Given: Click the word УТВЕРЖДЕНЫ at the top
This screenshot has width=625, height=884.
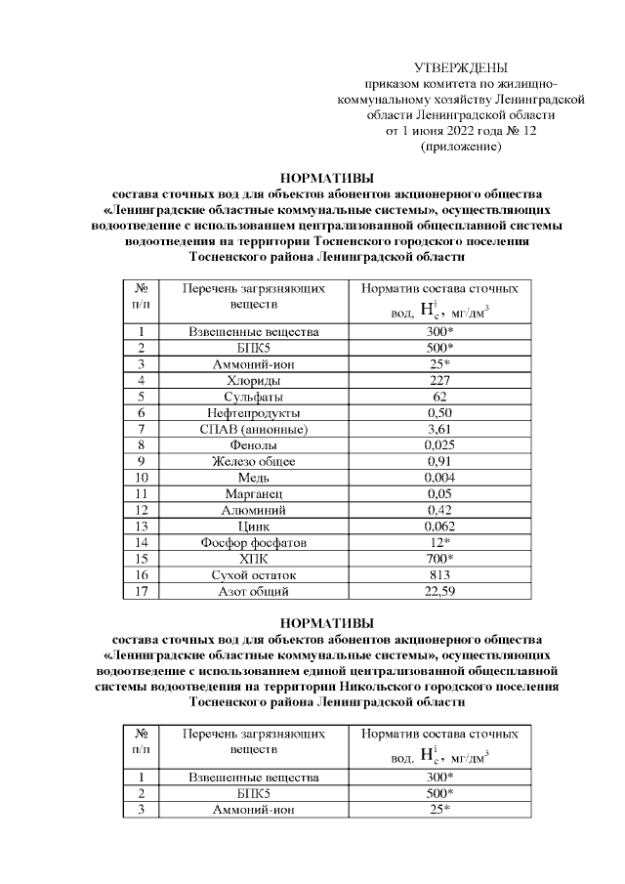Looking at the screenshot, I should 460,67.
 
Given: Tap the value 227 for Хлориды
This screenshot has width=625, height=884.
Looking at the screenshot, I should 438,380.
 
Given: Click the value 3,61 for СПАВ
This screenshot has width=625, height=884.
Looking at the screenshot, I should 438,429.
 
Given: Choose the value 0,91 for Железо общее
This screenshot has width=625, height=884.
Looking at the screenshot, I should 438,461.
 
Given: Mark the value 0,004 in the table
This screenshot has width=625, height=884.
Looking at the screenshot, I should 438,478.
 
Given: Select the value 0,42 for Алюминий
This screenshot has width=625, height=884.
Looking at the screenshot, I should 438,510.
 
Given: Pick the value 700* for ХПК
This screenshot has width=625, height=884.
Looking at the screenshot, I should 438,559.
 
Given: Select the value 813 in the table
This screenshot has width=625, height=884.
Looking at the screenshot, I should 438,575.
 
